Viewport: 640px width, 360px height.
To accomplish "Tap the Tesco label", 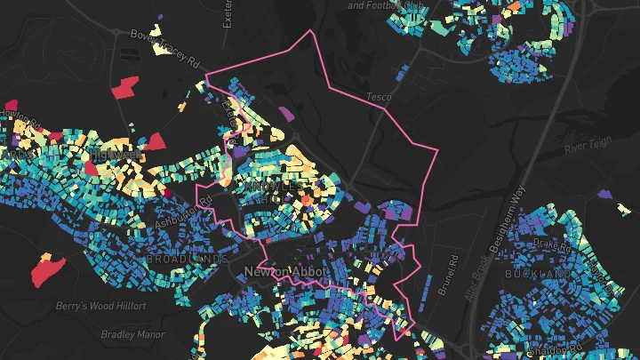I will point(379,96).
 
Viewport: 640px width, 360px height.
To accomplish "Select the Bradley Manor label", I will point(131,335).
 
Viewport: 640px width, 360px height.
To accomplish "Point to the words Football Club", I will point(414,5).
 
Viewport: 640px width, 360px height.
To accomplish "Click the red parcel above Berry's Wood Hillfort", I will point(48,269).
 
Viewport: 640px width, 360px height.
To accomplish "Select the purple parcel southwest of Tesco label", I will point(286,114).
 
